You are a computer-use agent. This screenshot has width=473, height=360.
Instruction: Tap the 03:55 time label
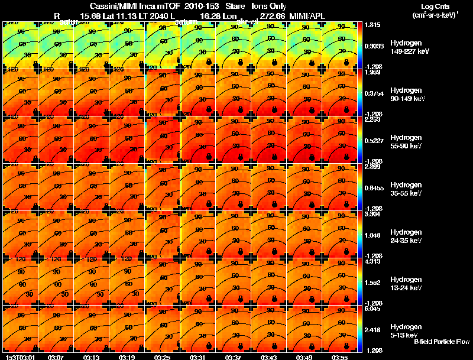pos(339,357)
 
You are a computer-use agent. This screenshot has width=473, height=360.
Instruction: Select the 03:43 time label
pos(268,357)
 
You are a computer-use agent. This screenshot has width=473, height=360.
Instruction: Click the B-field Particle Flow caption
pos(441,342)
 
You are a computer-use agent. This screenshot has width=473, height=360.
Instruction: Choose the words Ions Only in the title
pos(269,6)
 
